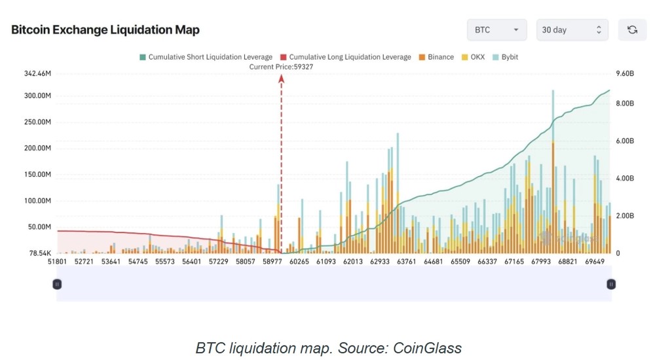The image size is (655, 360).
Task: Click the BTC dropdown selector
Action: (x=496, y=30)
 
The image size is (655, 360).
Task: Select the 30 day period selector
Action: (x=572, y=30)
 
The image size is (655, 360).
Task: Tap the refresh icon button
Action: (x=632, y=30)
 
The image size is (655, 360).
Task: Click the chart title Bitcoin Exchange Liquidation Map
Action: (x=105, y=30)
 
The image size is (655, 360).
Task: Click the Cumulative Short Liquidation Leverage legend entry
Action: (x=206, y=57)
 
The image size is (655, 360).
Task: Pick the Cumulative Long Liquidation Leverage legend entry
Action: (x=345, y=57)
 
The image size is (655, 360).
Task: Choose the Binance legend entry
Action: (x=436, y=57)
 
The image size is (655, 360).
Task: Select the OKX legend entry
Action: (x=474, y=57)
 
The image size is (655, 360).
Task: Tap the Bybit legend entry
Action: (x=506, y=57)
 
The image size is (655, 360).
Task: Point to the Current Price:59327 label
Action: (x=281, y=67)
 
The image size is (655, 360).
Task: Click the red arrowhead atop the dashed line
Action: (x=282, y=79)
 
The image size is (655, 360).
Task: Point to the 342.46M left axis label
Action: (x=37, y=74)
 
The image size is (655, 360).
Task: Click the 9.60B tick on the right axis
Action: (x=625, y=74)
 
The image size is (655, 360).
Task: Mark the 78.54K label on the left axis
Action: (x=40, y=253)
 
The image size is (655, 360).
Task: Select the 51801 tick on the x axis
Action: (x=57, y=261)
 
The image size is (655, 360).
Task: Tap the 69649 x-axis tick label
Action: (x=595, y=261)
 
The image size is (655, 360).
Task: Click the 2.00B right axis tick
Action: (x=625, y=216)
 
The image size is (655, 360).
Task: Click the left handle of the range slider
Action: (x=57, y=285)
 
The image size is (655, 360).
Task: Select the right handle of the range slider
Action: (x=610, y=285)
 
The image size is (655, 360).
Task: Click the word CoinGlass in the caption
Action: (x=427, y=348)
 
